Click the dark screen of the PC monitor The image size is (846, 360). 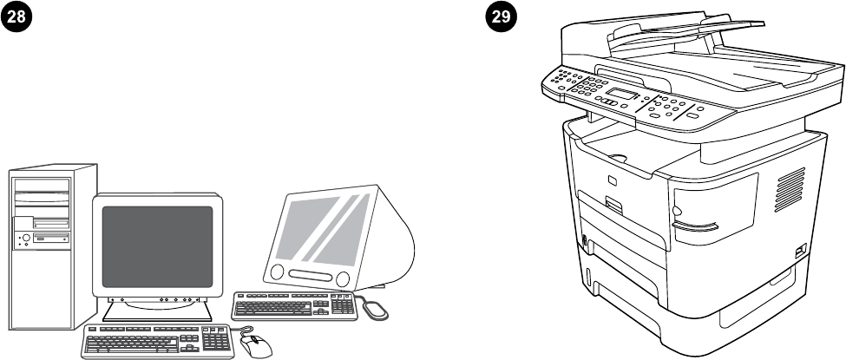[x=157, y=246]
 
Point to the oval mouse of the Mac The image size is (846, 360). [x=375, y=307]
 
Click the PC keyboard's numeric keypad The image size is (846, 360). [x=216, y=340]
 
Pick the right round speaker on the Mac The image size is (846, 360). [x=343, y=279]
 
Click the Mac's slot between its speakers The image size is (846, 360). [x=309, y=277]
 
